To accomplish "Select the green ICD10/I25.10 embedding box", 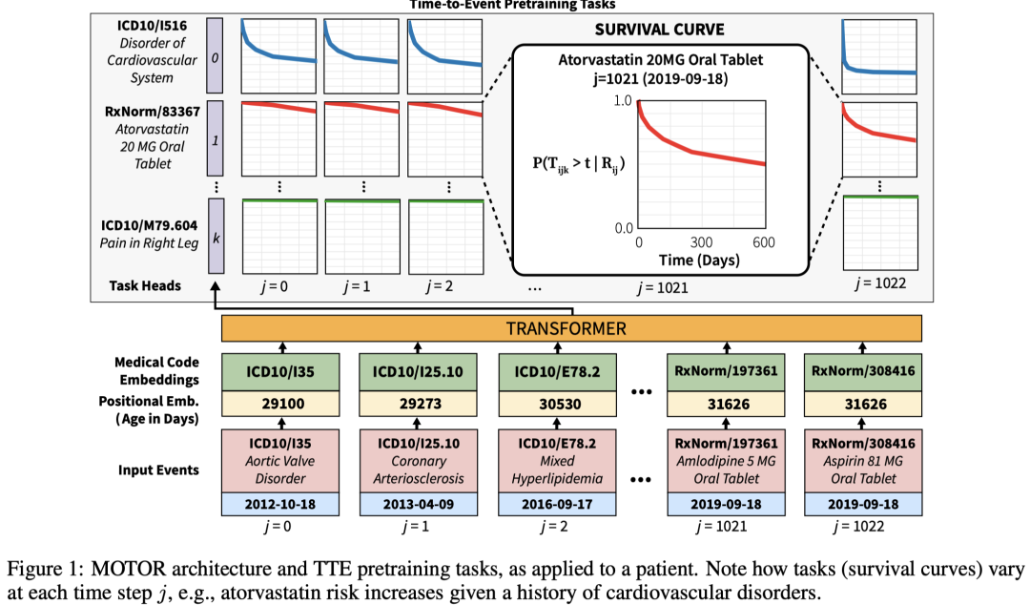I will tap(418, 371).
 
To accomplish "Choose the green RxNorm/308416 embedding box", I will tap(863, 371).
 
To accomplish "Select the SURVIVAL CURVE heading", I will tap(661, 29).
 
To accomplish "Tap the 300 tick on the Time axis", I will tap(702, 242).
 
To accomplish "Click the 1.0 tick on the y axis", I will tap(622, 101).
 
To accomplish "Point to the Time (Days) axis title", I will tap(701, 261).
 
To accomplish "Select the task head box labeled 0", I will tap(215, 57).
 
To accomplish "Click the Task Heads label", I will tap(145, 284).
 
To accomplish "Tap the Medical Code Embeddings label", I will tap(156, 371).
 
